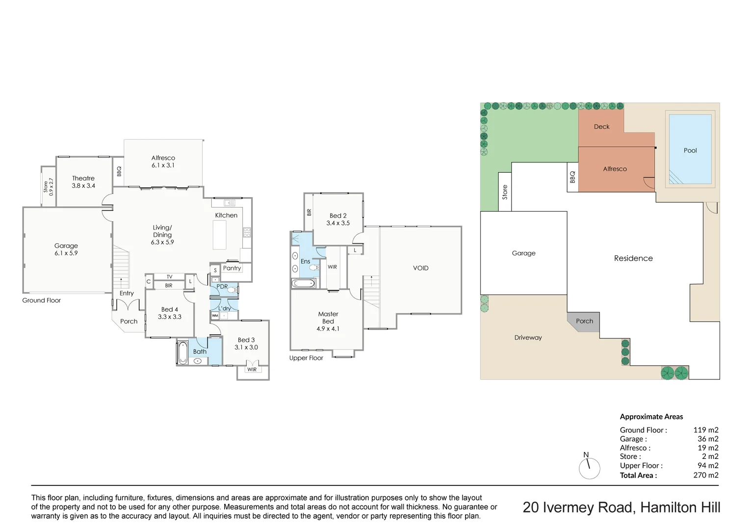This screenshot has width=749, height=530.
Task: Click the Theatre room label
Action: tap(83, 178)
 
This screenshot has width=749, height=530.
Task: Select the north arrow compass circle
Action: tap(590, 469)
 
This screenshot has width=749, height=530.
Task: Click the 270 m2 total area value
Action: tap(705, 475)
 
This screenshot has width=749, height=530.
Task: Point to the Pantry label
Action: tap(232, 268)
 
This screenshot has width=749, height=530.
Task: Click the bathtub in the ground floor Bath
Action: tap(182, 353)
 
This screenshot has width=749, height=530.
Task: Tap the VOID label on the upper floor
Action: tap(421, 268)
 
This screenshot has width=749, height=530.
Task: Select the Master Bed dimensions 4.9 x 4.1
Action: tap(328, 329)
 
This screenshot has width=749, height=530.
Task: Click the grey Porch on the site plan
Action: tap(584, 322)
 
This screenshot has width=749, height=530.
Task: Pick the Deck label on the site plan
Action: tap(601, 127)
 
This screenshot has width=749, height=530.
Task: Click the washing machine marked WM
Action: tap(215, 316)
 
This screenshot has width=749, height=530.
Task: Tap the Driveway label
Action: tap(528, 338)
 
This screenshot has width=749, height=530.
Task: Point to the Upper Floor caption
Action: tap(306, 358)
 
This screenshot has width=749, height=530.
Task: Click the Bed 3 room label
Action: tap(246, 340)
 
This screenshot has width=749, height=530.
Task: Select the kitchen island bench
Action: tap(219, 235)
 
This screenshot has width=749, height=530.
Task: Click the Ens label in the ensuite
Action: tap(305, 261)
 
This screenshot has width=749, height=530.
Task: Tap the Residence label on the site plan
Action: tap(633, 258)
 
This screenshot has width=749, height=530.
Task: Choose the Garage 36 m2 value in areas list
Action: tap(708, 439)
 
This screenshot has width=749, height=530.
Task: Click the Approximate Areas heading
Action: tap(651, 417)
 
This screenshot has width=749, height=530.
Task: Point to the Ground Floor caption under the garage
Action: tap(42, 300)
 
